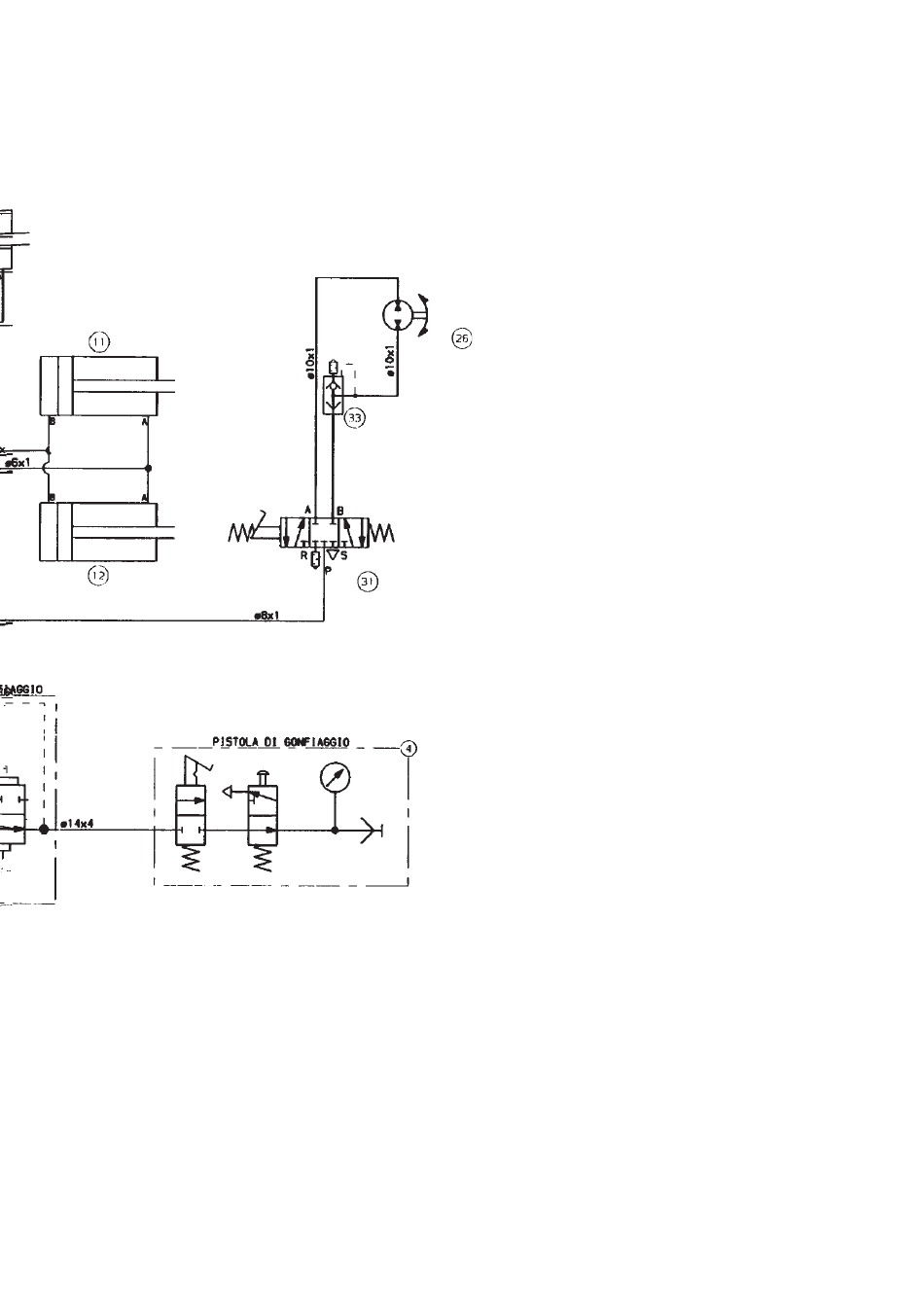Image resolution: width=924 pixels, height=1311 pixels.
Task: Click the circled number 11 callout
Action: click(x=100, y=341)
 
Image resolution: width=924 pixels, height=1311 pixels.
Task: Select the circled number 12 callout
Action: click(x=98, y=576)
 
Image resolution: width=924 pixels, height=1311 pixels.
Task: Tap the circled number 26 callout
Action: click(x=461, y=338)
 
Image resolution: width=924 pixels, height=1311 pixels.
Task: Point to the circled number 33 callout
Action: click(x=356, y=419)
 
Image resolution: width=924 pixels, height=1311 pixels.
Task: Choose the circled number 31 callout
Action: click(x=369, y=582)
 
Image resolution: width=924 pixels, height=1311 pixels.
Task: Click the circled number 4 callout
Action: click(x=409, y=748)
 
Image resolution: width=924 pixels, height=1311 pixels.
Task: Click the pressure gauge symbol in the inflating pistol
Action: click(x=335, y=778)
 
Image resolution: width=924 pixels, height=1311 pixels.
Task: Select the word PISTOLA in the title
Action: click(x=233, y=742)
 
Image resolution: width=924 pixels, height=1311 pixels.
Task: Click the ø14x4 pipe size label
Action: click(x=77, y=824)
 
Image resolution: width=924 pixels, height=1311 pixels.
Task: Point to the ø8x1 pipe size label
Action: click(x=266, y=616)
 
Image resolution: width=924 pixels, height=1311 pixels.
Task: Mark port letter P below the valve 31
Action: click(x=328, y=572)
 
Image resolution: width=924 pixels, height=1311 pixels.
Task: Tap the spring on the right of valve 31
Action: click(x=381, y=533)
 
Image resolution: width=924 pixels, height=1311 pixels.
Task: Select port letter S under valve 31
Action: click(x=344, y=557)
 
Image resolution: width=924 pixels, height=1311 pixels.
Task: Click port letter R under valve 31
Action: click(x=303, y=557)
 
